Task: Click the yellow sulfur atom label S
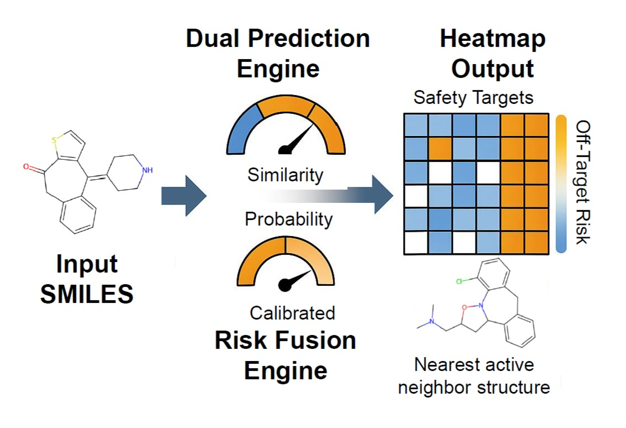coord(54,140)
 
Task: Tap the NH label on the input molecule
coord(147,170)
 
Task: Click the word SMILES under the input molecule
coord(86,294)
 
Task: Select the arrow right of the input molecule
coord(183,196)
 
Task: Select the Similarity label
coord(285,175)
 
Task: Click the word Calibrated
coord(292,313)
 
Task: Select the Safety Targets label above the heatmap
coord(473,98)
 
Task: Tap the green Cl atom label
coord(459,281)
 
